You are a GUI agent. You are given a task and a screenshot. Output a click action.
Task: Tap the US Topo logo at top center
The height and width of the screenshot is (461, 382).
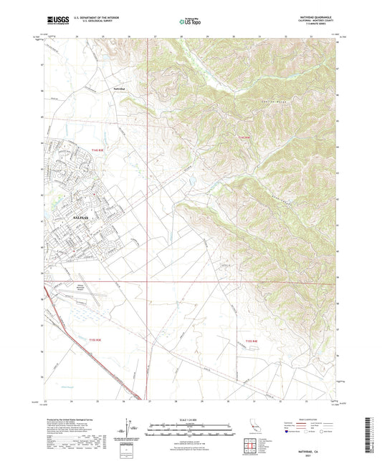(x=189, y=22)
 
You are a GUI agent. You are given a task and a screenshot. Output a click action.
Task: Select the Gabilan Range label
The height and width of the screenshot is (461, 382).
(x=271, y=109)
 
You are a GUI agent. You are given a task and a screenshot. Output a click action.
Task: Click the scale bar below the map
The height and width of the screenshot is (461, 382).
(x=191, y=433)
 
